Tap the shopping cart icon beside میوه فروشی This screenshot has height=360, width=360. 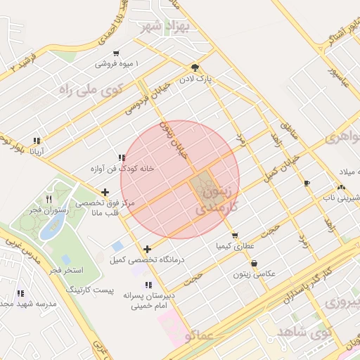116,53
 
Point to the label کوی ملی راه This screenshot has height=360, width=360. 91,89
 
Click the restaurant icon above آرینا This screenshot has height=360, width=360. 37,141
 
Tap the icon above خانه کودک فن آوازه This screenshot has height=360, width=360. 122,158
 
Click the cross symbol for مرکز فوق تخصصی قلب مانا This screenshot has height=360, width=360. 105,192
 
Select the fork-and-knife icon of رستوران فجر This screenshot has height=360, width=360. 48,199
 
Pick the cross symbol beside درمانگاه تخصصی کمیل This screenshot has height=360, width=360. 147,249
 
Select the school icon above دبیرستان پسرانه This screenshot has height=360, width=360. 148,285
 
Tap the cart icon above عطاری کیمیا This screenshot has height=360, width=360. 234,236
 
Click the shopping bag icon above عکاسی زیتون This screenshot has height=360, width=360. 253,264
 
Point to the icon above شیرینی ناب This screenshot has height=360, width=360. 341,188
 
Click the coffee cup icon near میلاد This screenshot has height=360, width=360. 306,183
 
